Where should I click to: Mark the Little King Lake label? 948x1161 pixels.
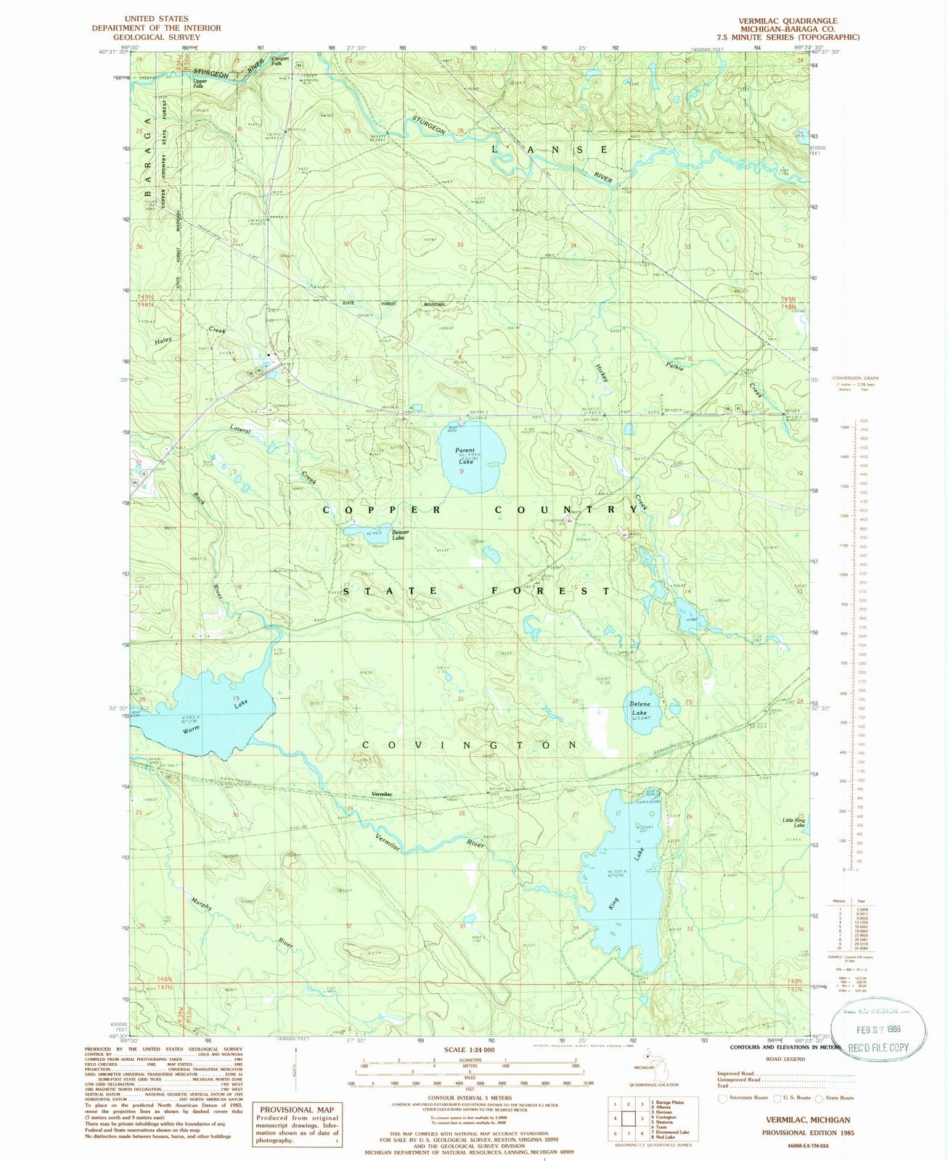coord(793,822)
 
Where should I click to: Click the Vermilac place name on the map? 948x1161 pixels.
coord(382,795)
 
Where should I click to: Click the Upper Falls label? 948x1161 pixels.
coord(200,83)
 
